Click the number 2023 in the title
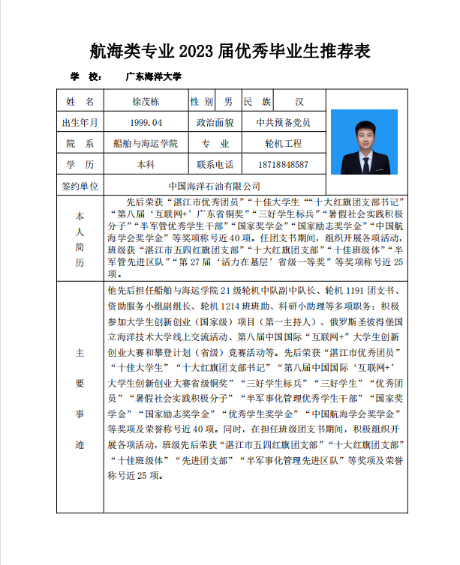pyautogui.click(x=197, y=52)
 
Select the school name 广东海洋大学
pyautogui.click(x=154, y=76)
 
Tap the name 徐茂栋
pyautogui.click(x=146, y=101)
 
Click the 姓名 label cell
pyautogui.click(x=80, y=101)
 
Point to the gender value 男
pyautogui.click(x=227, y=101)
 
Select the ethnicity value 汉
pyautogui.click(x=299, y=101)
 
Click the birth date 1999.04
pyautogui.click(x=146, y=122)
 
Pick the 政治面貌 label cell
pyautogui.click(x=215, y=122)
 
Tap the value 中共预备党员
pyautogui.click(x=283, y=122)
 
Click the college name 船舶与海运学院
pyautogui.click(x=146, y=143)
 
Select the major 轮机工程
pyautogui.click(x=283, y=143)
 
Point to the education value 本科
pyautogui.click(x=146, y=164)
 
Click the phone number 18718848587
pyautogui.click(x=283, y=164)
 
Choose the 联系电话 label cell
pyautogui.click(x=215, y=164)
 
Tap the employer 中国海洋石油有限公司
pyautogui.click(x=215, y=185)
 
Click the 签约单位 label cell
pyautogui.click(x=80, y=185)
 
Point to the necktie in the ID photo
pyautogui.click(x=364, y=161)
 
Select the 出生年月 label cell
pyautogui.click(x=80, y=122)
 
